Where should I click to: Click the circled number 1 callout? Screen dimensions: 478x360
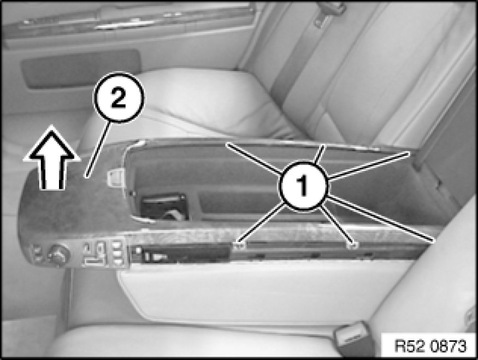coord(303,185)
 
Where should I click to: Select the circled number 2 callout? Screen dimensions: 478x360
coord(119,98)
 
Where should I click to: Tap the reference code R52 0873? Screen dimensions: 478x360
coord(430,346)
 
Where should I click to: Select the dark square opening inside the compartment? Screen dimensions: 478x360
coord(164,206)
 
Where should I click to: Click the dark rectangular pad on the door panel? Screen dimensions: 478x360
coord(80,69)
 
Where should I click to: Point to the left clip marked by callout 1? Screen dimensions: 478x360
coord(240,245)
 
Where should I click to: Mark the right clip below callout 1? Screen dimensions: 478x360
coord(353,245)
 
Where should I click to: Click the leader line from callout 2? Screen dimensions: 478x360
coord(98,149)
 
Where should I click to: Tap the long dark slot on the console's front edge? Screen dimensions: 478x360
coord(331,245)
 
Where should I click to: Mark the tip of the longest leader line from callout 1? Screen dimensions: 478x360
coord(434,241)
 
